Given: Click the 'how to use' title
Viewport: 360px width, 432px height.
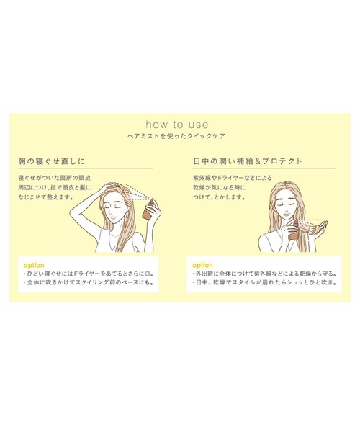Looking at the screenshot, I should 179,122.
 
